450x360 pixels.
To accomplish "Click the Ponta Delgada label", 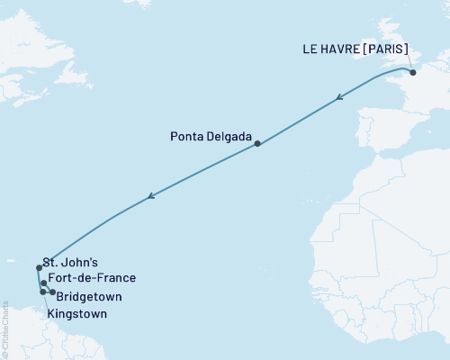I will tap(209, 138).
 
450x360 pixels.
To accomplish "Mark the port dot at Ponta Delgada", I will tap(257, 144).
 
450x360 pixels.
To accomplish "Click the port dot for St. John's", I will tap(39, 267).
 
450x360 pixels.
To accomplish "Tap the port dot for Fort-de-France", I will tap(43, 283).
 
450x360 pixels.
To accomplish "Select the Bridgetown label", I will tap(89, 296).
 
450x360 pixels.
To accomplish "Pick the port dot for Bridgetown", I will tap(53, 292).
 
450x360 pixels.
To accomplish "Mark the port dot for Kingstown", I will tap(42, 292).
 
